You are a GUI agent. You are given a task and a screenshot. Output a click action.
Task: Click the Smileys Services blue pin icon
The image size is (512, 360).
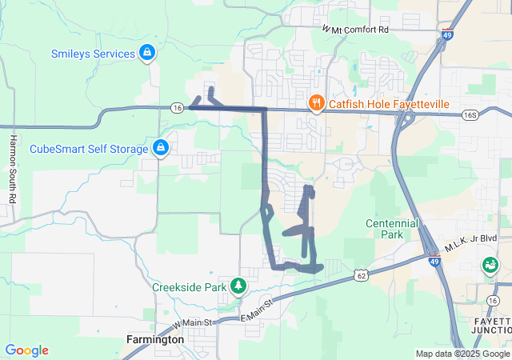point(147,54)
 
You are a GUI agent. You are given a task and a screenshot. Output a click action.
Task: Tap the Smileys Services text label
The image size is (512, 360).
point(93,54)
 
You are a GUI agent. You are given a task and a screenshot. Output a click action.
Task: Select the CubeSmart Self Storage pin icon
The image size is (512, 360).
point(161,148)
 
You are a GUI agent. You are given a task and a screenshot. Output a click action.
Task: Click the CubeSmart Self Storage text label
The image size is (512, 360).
point(89,149)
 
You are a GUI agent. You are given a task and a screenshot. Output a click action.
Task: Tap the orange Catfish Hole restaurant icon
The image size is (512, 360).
point(316,103)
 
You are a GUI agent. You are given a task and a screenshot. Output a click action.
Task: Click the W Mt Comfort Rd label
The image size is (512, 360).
point(355,29)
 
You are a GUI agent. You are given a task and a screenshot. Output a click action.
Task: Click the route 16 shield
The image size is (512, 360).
point(178,107)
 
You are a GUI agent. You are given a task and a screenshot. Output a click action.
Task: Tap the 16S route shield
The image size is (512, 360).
point(470,115)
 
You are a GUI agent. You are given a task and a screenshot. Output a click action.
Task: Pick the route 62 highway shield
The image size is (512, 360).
point(362,275)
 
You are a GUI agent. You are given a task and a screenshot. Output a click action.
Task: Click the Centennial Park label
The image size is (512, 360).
point(392,230)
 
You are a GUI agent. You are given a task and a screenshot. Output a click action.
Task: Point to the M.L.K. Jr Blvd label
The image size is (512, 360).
point(471,238)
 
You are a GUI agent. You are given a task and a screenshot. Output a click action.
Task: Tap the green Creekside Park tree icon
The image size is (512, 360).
point(237,286)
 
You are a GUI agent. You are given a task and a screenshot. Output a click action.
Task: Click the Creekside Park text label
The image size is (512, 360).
point(189,286)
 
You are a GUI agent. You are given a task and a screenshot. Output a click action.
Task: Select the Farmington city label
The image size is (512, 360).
point(155,339)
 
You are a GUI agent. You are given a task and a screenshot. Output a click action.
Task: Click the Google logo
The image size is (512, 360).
point(26,350)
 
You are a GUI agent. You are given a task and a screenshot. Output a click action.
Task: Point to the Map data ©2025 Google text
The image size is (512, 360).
point(462,354)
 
